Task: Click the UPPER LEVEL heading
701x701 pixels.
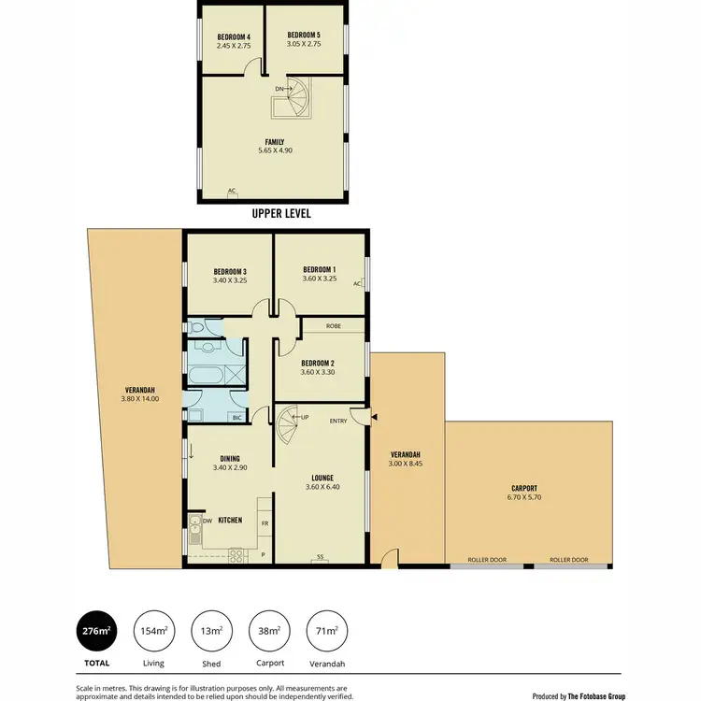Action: pyautogui.click(x=281, y=213)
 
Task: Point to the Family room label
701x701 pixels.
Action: pyautogui.click(x=275, y=141)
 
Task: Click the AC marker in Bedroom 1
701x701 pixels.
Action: pyautogui.click(x=357, y=283)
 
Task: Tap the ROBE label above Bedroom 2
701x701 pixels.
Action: pyautogui.click(x=333, y=326)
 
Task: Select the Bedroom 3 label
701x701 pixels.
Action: pyautogui.click(x=229, y=271)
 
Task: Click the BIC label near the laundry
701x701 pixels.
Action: pyautogui.click(x=236, y=418)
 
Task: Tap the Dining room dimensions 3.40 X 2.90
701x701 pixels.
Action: pyautogui.click(x=230, y=466)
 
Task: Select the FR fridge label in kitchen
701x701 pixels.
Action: pyautogui.click(x=265, y=523)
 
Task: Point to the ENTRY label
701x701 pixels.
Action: pyautogui.click(x=338, y=422)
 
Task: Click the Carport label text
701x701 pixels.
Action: pyautogui.click(x=525, y=488)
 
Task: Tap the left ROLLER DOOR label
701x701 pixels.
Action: pyautogui.click(x=486, y=560)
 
